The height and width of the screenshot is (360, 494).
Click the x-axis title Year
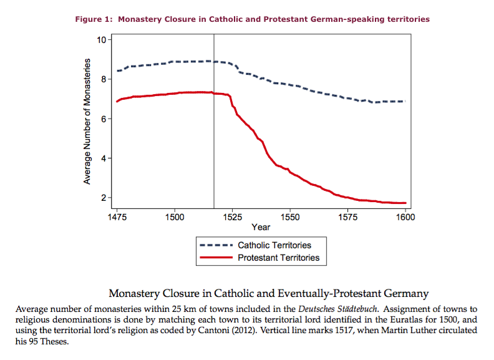click(x=261, y=227)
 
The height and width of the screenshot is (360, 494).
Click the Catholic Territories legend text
click(x=274, y=245)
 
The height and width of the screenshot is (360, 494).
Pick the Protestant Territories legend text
click(x=278, y=257)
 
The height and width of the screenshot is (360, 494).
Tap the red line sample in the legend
click(x=216, y=257)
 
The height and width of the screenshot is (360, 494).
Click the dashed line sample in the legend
click(x=216, y=245)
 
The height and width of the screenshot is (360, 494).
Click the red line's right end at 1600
click(x=405, y=203)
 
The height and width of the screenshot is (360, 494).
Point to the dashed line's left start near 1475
click(x=117, y=71)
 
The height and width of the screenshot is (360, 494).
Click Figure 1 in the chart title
click(x=94, y=19)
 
